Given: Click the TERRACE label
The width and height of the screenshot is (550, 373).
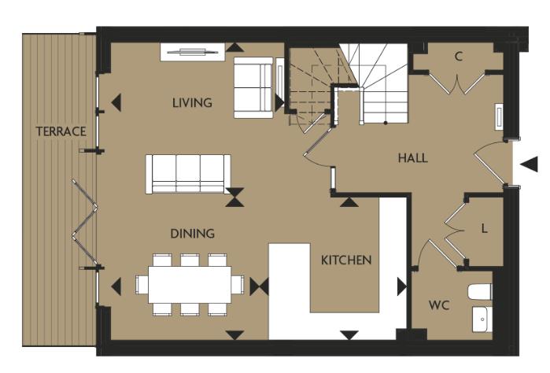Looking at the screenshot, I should (61, 131).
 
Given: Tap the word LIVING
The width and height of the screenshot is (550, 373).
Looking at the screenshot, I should (192, 103).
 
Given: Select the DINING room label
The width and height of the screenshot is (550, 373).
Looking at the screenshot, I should (192, 234).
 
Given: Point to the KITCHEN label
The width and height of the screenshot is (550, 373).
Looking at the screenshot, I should (345, 260).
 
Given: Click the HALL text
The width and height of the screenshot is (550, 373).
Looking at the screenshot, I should (412, 158).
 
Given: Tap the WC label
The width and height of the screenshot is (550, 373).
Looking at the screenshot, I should (438, 305).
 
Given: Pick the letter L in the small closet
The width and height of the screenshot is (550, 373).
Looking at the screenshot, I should (484, 228).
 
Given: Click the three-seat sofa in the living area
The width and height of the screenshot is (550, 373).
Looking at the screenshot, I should (188, 174).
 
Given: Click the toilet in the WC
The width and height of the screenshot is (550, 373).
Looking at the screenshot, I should (479, 291).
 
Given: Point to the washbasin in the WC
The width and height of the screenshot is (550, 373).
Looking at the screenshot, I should (481, 319).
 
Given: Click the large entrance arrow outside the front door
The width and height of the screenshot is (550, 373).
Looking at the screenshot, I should (530, 164).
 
